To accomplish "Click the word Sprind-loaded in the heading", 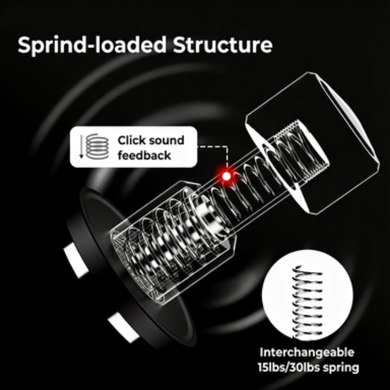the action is [92, 45].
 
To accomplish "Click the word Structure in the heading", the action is [223, 45].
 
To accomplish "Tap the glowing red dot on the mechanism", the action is [226, 176].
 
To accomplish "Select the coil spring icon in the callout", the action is [97, 146].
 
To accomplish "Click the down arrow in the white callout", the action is [81, 146].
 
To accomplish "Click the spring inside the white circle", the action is [308, 302].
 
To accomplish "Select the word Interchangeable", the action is [307, 353].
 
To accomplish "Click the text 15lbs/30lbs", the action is [286, 367].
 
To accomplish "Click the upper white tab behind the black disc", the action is [76, 260].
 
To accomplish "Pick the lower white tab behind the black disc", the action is [124, 327].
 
